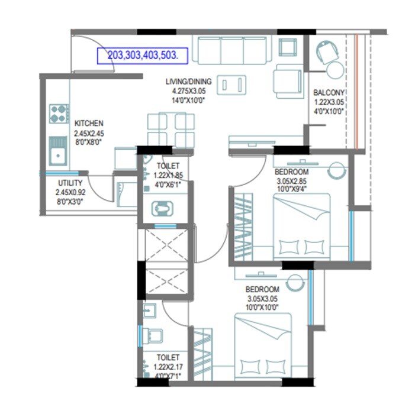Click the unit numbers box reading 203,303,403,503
142,56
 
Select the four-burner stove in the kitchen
58,113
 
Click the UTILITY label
70,183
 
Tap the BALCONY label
329,93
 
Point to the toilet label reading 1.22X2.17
168,366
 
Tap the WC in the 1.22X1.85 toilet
163,209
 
